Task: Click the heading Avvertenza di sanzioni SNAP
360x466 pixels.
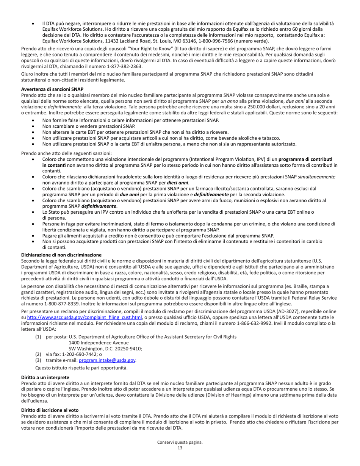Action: pos(52,89)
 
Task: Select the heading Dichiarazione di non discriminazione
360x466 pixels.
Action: pos(61,255)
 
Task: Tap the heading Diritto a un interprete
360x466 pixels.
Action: pos(45,377)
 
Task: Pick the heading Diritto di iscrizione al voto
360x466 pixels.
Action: pos(50,410)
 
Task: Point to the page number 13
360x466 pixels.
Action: pos(180,448)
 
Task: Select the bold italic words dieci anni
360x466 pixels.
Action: pos(178,182)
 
